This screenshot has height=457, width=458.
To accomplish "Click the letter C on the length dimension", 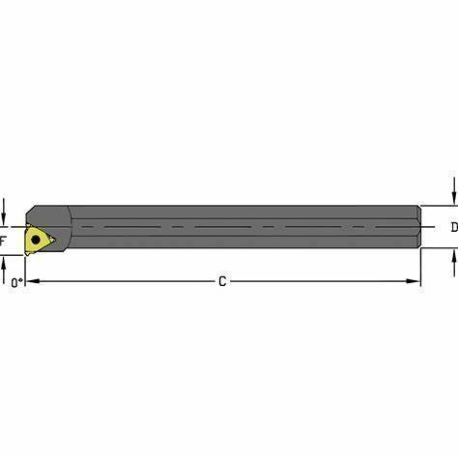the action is [x=222, y=281].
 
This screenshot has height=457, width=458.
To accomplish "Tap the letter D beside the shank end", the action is [x=454, y=227].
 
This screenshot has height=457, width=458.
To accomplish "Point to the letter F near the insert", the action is [x=3, y=241].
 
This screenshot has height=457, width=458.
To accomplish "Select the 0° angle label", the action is [x=17, y=283].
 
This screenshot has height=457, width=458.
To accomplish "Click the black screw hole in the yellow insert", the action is [x=36, y=240].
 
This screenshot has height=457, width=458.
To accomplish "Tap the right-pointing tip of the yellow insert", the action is [x=55, y=240].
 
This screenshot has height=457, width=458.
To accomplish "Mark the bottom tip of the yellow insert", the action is [x=27, y=254].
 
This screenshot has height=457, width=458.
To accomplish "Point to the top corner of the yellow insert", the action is [x=28, y=225].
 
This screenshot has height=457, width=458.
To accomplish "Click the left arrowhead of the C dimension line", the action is [x=33, y=281].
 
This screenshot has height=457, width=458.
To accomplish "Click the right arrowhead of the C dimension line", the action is [x=414, y=281].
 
